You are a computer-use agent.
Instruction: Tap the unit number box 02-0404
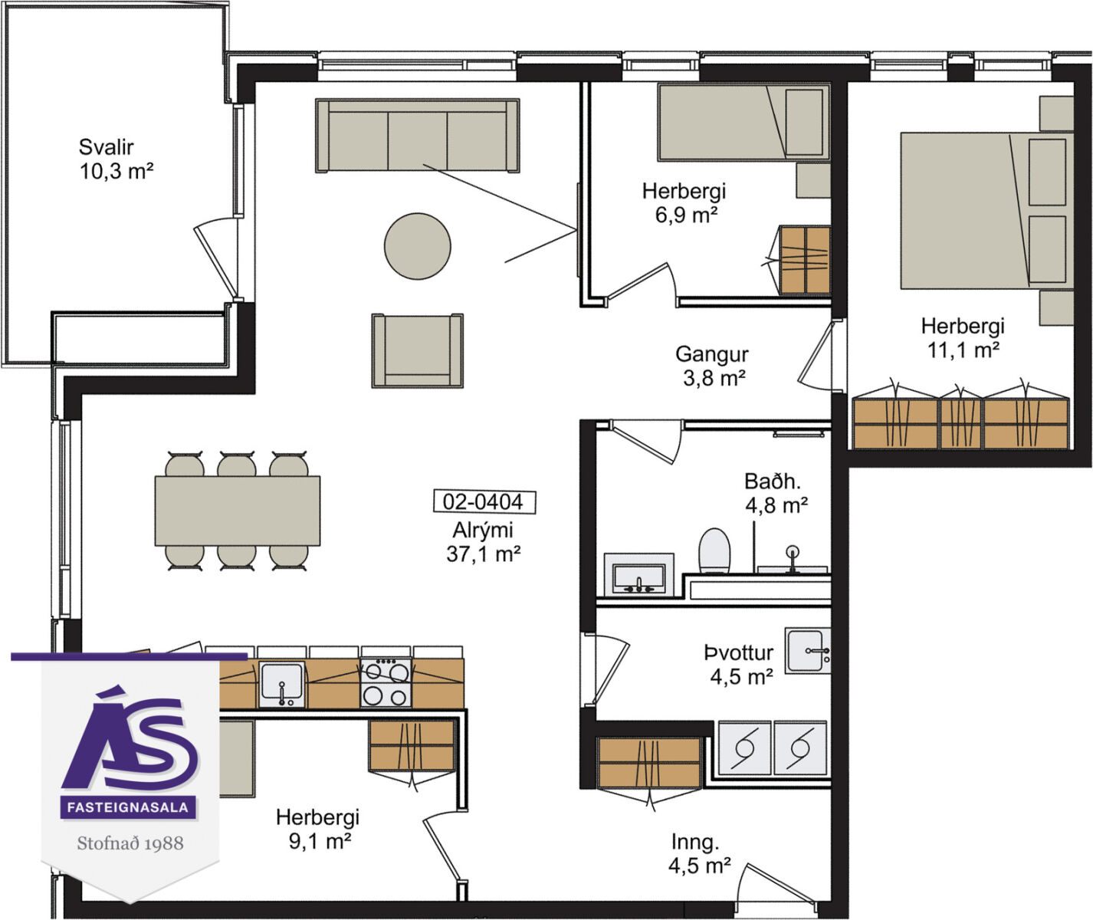tap(484, 501)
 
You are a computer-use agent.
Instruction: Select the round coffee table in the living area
tap(417, 246)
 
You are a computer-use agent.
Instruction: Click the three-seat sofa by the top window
tap(417, 136)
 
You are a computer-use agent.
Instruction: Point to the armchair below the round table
tap(417, 351)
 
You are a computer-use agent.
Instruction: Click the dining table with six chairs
tap(237, 511)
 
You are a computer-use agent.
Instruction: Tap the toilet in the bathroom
tap(714, 550)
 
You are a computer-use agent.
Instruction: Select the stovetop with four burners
tap(386, 683)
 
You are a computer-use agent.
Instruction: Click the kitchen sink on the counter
tap(282, 685)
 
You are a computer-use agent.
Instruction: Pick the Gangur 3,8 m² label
tap(713, 366)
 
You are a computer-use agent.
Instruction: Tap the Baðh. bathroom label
tap(776, 493)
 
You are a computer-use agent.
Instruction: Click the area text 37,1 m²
tap(483, 554)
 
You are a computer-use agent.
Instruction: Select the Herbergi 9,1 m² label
tap(318, 829)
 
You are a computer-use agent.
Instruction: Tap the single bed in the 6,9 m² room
tap(743, 122)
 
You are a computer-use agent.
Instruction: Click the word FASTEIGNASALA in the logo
tap(128, 807)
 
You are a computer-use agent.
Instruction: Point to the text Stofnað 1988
tap(130, 843)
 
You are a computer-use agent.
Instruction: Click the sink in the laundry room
tap(807, 651)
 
